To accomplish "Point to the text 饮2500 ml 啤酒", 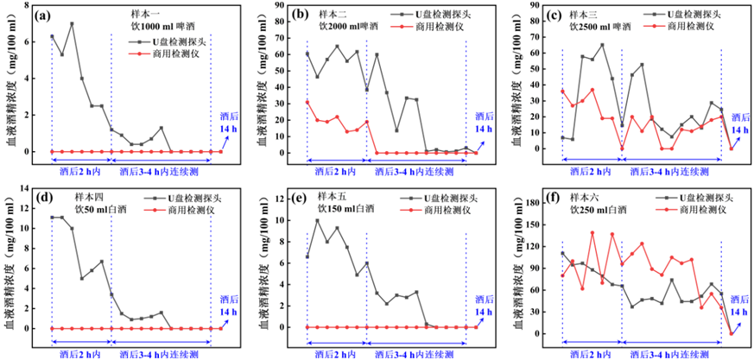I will [x=600, y=27].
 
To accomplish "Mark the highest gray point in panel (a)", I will [x=72, y=24].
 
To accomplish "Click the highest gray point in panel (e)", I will [x=317, y=220].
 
